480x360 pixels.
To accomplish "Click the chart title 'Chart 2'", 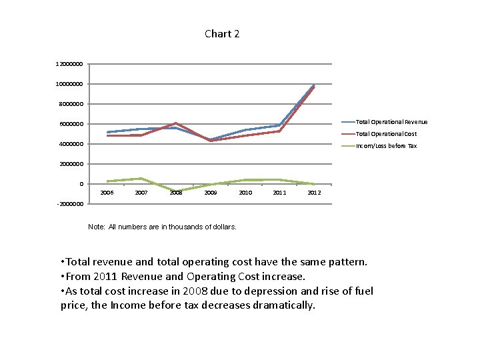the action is point(222,34).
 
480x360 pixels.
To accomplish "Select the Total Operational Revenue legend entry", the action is point(385,122).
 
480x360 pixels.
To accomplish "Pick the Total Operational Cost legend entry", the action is point(379,134).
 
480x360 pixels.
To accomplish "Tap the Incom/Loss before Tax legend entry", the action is point(379,146).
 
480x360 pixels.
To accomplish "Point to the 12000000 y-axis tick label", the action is point(69,64).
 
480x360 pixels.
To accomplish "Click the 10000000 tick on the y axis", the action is point(69,84).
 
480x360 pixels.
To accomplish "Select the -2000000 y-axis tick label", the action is point(70,204).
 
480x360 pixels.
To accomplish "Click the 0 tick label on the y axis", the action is point(81,184).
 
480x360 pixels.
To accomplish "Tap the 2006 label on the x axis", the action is point(107,193).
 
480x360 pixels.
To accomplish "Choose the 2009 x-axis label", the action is point(211,193).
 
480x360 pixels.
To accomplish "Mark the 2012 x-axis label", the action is point(315,193).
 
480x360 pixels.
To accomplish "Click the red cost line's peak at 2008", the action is point(175,123).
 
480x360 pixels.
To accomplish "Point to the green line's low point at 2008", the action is point(176,191).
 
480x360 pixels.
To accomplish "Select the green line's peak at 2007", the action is point(141,178).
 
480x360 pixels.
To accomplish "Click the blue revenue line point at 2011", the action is point(279,125).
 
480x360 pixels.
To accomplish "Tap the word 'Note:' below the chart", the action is point(97,227).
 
